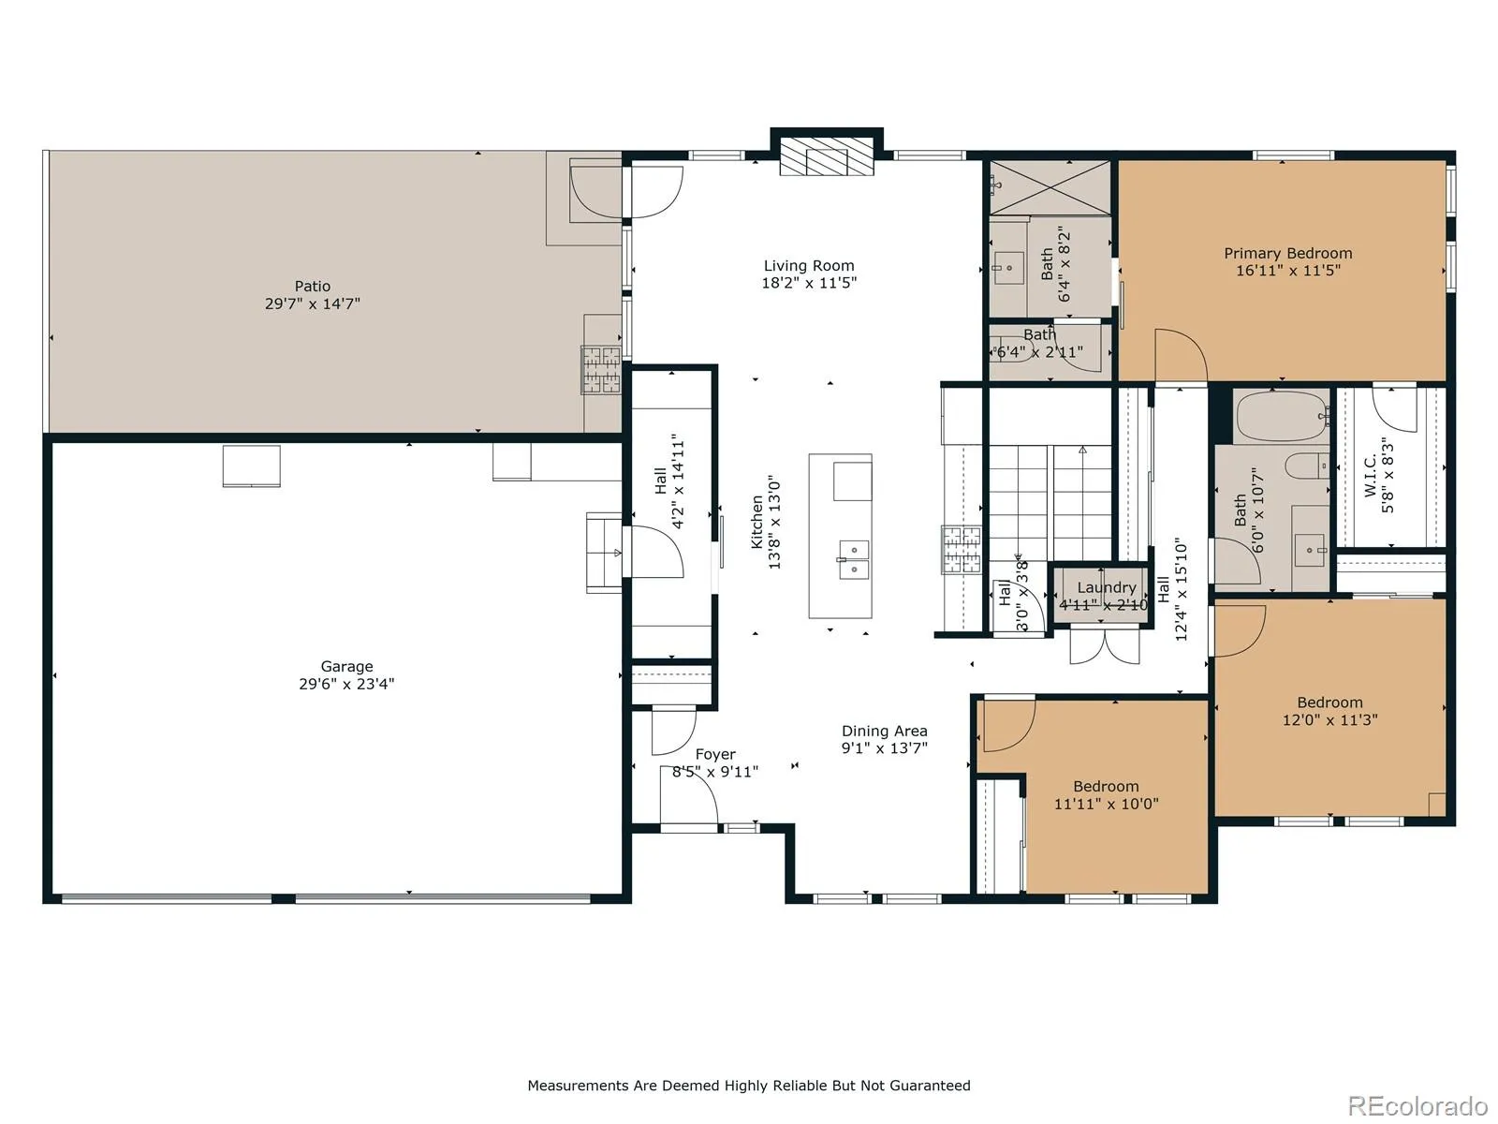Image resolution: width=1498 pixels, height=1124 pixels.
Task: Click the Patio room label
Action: tap(312, 286)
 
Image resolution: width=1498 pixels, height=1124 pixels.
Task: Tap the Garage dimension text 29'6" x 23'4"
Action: tap(346, 684)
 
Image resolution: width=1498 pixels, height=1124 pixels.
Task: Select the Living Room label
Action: tap(809, 265)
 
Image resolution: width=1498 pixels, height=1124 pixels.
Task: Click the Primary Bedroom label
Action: tap(1287, 253)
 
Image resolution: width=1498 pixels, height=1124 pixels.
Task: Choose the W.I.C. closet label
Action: tap(1371, 477)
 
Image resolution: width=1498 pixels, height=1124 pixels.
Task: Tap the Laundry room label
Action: tap(1107, 587)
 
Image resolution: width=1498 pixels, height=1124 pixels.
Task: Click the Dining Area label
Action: tap(885, 731)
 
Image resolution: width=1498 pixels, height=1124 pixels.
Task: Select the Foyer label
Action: tap(715, 754)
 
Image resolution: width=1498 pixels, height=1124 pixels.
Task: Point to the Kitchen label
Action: tap(756, 522)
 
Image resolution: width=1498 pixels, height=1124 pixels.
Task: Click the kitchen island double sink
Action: tap(854, 559)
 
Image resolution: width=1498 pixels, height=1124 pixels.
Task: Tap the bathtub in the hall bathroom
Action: tap(1283, 416)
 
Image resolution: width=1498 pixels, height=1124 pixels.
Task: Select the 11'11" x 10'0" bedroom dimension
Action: tap(1107, 804)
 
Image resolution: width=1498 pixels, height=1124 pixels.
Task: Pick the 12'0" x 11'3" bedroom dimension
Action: tap(1330, 720)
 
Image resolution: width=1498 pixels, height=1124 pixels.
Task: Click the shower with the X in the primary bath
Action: tap(1050, 187)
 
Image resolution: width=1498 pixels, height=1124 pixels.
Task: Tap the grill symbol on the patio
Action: tap(601, 370)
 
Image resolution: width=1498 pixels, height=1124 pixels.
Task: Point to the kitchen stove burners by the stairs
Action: tap(962, 549)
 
